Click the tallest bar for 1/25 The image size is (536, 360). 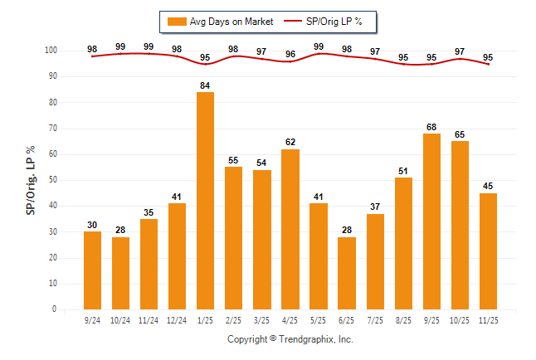pos(205,201)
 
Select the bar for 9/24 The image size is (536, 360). pos(92,270)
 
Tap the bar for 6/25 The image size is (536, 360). pos(346,273)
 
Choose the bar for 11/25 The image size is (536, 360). pos(488,251)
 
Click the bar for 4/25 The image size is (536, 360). pos(290,229)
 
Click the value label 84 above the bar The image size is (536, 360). pos(205,85)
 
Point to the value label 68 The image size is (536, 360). pos(431,127)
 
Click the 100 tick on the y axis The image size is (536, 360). pos(50,51)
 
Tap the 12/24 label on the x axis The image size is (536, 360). pos(177,319)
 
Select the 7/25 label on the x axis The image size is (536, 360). pos(375,319)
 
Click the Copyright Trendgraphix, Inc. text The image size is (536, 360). pos(290,339)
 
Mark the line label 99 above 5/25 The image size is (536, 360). pos(319,46)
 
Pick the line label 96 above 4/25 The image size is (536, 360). pos(290,54)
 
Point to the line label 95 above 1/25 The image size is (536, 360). pos(205,57)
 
